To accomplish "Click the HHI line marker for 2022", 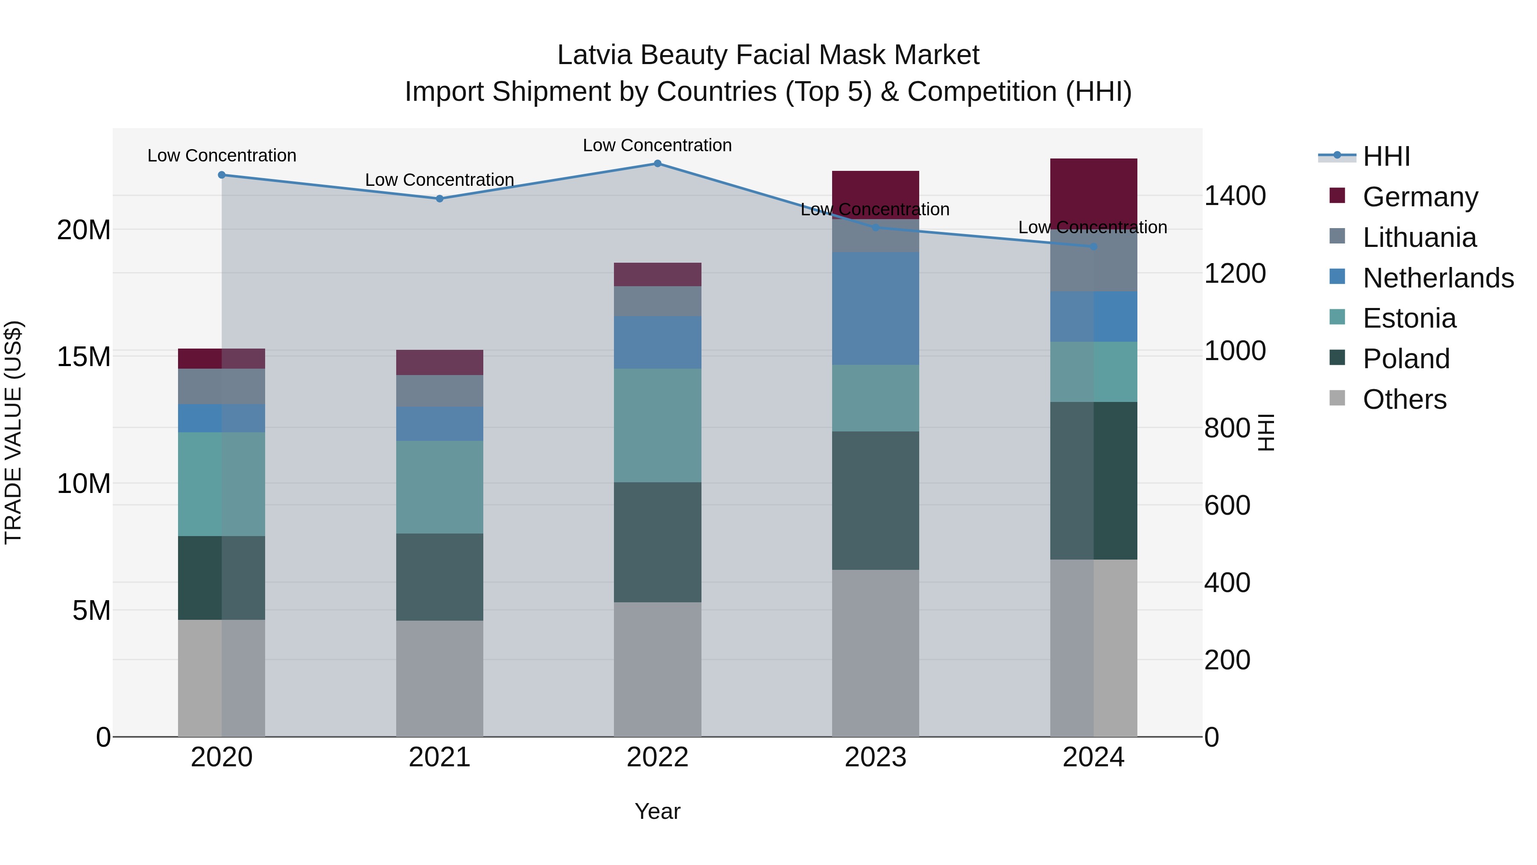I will point(657,163).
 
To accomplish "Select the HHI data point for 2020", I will point(221,175).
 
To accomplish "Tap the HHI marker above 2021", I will point(440,199).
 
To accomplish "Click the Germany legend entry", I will point(1420,196).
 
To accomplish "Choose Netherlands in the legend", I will point(1438,278).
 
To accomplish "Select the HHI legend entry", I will point(1386,156).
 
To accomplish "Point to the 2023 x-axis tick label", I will point(875,757).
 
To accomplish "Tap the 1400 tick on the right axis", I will point(1234,196).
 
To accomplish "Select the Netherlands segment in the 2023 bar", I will point(875,308).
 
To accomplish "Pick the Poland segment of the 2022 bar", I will point(657,542).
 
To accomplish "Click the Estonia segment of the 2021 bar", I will point(440,487).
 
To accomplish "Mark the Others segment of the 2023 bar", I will point(875,653).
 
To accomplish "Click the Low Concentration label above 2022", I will point(657,145).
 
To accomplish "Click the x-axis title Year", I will point(657,811).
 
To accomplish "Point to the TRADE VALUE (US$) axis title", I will point(14,432).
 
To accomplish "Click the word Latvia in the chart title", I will point(594,55).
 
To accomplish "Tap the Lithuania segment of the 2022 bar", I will point(657,302).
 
